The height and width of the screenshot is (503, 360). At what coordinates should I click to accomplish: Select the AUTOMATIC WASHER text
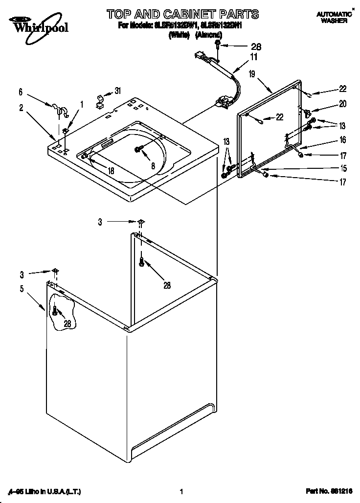coord(335,18)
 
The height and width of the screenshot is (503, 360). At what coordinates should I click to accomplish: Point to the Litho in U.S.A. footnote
coord(44,491)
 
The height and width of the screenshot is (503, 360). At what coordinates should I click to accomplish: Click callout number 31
coord(117,91)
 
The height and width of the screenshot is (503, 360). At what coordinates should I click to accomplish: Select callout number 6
coord(21,91)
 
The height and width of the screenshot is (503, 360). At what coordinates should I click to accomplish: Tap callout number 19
coord(251,74)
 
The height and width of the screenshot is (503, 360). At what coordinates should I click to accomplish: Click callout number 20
coord(343,104)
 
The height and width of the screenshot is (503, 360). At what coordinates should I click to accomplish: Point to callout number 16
coord(343,140)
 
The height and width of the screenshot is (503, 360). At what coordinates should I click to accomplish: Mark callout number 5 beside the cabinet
coord(21,289)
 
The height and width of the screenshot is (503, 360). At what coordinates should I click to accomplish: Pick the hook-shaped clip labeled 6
coord(58,109)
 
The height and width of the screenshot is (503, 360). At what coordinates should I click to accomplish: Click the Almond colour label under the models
coord(209,35)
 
